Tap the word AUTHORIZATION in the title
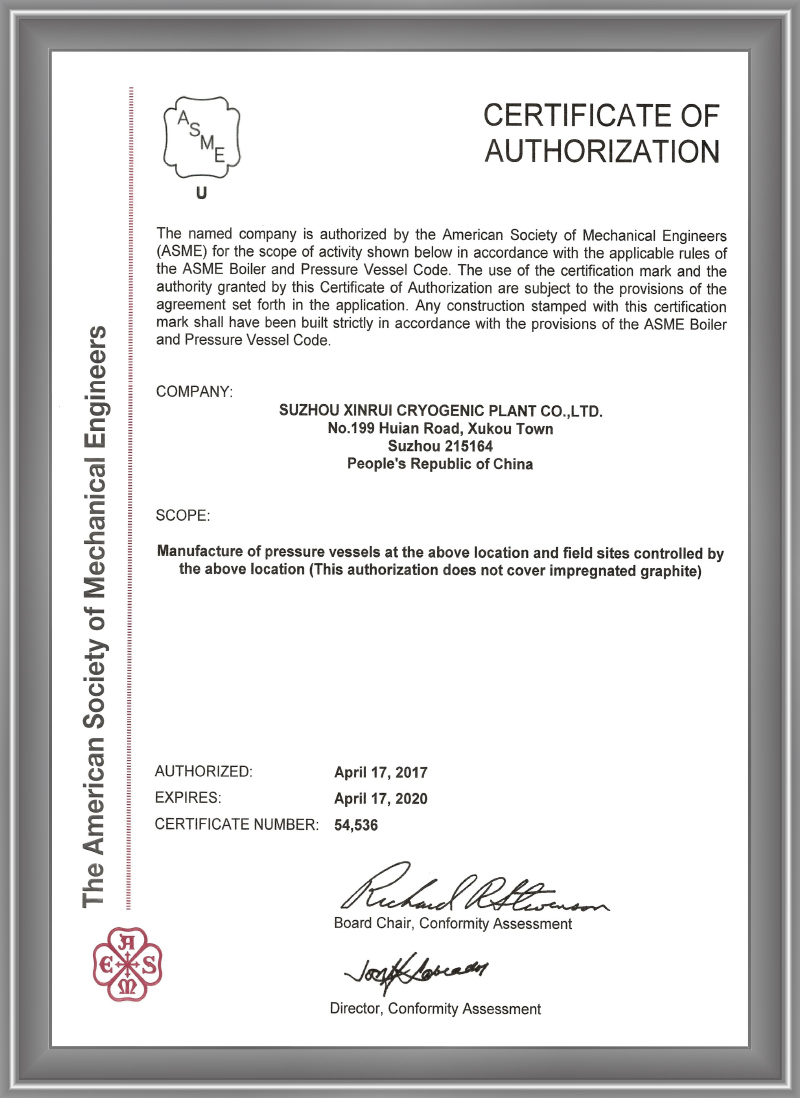(602, 151)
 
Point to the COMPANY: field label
(195, 391)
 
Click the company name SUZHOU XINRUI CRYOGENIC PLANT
(440, 411)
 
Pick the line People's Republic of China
(440, 464)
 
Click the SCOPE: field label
(184, 516)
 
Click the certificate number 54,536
(357, 825)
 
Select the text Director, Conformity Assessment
(435, 1009)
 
